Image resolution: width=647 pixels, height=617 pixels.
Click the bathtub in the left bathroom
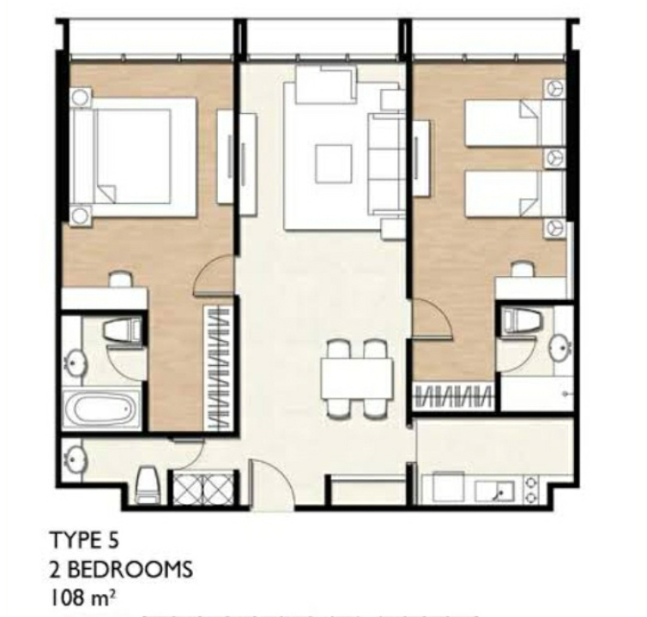[103, 410]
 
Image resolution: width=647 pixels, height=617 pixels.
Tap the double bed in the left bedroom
[133, 157]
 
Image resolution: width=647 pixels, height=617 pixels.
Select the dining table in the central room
[357, 379]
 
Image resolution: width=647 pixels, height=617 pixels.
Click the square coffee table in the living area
[334, 163]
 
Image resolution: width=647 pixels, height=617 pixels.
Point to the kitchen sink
[494, 491]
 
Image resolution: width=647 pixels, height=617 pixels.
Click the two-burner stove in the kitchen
[530, 489]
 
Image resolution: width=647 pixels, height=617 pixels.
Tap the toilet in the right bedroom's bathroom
[522, 320]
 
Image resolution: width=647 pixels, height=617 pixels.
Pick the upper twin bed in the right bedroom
[514, 123]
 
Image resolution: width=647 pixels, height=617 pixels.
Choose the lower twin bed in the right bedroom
[514, 194]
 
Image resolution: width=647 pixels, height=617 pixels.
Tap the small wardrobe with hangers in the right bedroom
[453, 397]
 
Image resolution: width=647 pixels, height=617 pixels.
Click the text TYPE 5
[84, 540]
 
